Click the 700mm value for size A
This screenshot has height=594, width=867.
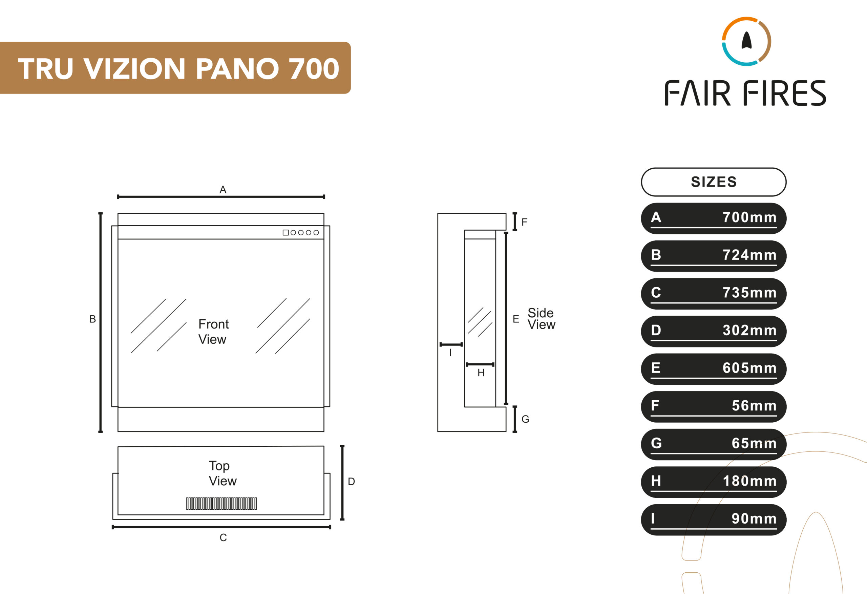(x=749, y=217)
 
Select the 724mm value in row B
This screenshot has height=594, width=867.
(x=749, y=255)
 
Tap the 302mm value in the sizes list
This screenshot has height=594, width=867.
(x=749, y=330)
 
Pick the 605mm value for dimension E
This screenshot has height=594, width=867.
(x=749, y=368)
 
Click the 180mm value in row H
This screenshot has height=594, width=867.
(x=749, y=481)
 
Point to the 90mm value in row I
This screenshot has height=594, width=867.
(x=754, y=518)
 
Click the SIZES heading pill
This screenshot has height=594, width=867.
(x=713, y=182)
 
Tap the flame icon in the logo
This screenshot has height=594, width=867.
(x=746, y=41)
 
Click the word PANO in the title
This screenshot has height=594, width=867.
(x=237, y=69)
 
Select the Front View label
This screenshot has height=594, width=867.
(x=213, y=332)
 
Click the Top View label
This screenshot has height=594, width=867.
(x=223, y=473)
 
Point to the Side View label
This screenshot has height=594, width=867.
(x=541, y=319)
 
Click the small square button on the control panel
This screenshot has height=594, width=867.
(x=286, y=232)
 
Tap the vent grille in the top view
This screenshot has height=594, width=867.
(x=221, y=503)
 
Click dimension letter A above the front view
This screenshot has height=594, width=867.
(x=223, y=190)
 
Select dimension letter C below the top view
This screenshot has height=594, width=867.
(x=223, y=537)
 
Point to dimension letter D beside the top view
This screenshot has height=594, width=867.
(x=351, y=481)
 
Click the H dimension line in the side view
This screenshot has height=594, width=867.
(x=480, y=364)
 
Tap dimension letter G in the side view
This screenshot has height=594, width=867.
(x=525, y=419)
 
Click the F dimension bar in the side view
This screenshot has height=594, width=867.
(x=515, y=221)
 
